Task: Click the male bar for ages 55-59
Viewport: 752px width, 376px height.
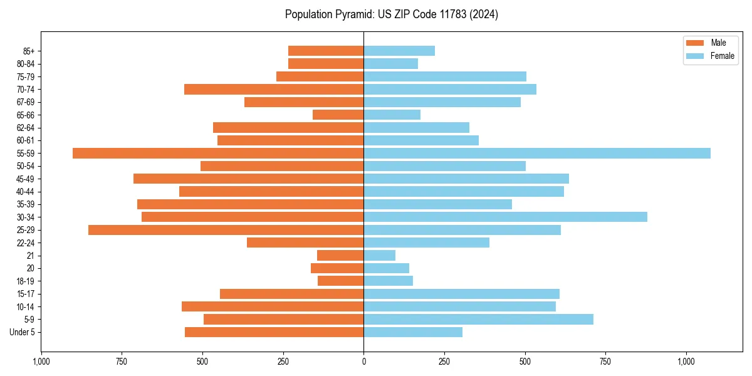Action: point(218,153)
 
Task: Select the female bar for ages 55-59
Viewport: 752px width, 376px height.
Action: point(537,153)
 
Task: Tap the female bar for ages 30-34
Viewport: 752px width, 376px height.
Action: point(505,217)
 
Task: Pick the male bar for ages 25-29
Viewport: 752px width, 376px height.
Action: point(226,230)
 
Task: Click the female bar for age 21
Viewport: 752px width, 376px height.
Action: point(379,256)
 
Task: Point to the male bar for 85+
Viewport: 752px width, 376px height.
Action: point(326,51)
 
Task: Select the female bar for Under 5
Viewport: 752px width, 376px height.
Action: point(413,332)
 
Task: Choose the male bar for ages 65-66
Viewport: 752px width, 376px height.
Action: point(338,115)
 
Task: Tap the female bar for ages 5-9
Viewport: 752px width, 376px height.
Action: point(478,320)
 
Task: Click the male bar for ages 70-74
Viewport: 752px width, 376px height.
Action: point(274,89)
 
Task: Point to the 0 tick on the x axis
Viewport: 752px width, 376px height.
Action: point(363,362)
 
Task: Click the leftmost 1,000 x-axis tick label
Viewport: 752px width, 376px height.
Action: point(41,362)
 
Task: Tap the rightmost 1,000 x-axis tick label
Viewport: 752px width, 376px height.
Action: point(686,362)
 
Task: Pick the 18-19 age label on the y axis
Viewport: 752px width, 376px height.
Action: point(25,281)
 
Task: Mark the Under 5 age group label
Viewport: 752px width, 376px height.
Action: point(23,332)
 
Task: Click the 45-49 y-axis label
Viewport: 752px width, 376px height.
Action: point(25,179)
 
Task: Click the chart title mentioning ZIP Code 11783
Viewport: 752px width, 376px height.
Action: point(392,14)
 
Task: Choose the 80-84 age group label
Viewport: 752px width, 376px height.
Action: point(25,64)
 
